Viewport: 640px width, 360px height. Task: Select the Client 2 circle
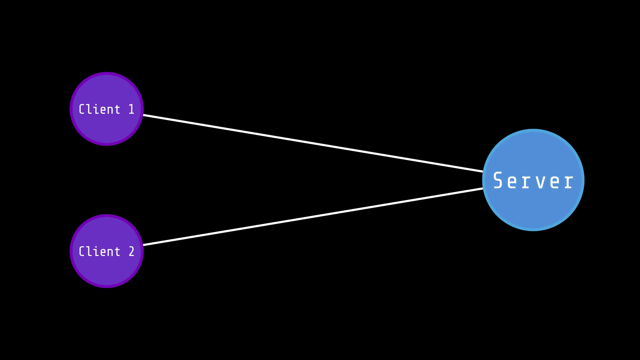107,270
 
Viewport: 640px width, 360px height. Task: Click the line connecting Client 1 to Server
313,143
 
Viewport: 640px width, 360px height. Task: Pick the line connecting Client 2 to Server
313,217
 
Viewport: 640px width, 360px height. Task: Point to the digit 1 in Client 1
131,109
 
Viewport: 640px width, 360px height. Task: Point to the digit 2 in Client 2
131,252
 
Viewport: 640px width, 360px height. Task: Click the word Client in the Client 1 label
99,109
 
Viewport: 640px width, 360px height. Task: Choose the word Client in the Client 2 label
99,252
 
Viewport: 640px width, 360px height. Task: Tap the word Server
533,181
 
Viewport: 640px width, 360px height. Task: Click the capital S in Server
498,180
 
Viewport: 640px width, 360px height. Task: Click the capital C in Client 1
82,109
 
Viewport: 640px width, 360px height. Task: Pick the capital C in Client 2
82,252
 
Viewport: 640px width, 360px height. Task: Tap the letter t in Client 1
117,110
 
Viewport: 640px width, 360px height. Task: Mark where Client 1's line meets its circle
143,115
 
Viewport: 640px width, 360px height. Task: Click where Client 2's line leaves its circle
143,245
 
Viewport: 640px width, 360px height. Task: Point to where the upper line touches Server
483,171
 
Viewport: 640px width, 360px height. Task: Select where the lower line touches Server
483,189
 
